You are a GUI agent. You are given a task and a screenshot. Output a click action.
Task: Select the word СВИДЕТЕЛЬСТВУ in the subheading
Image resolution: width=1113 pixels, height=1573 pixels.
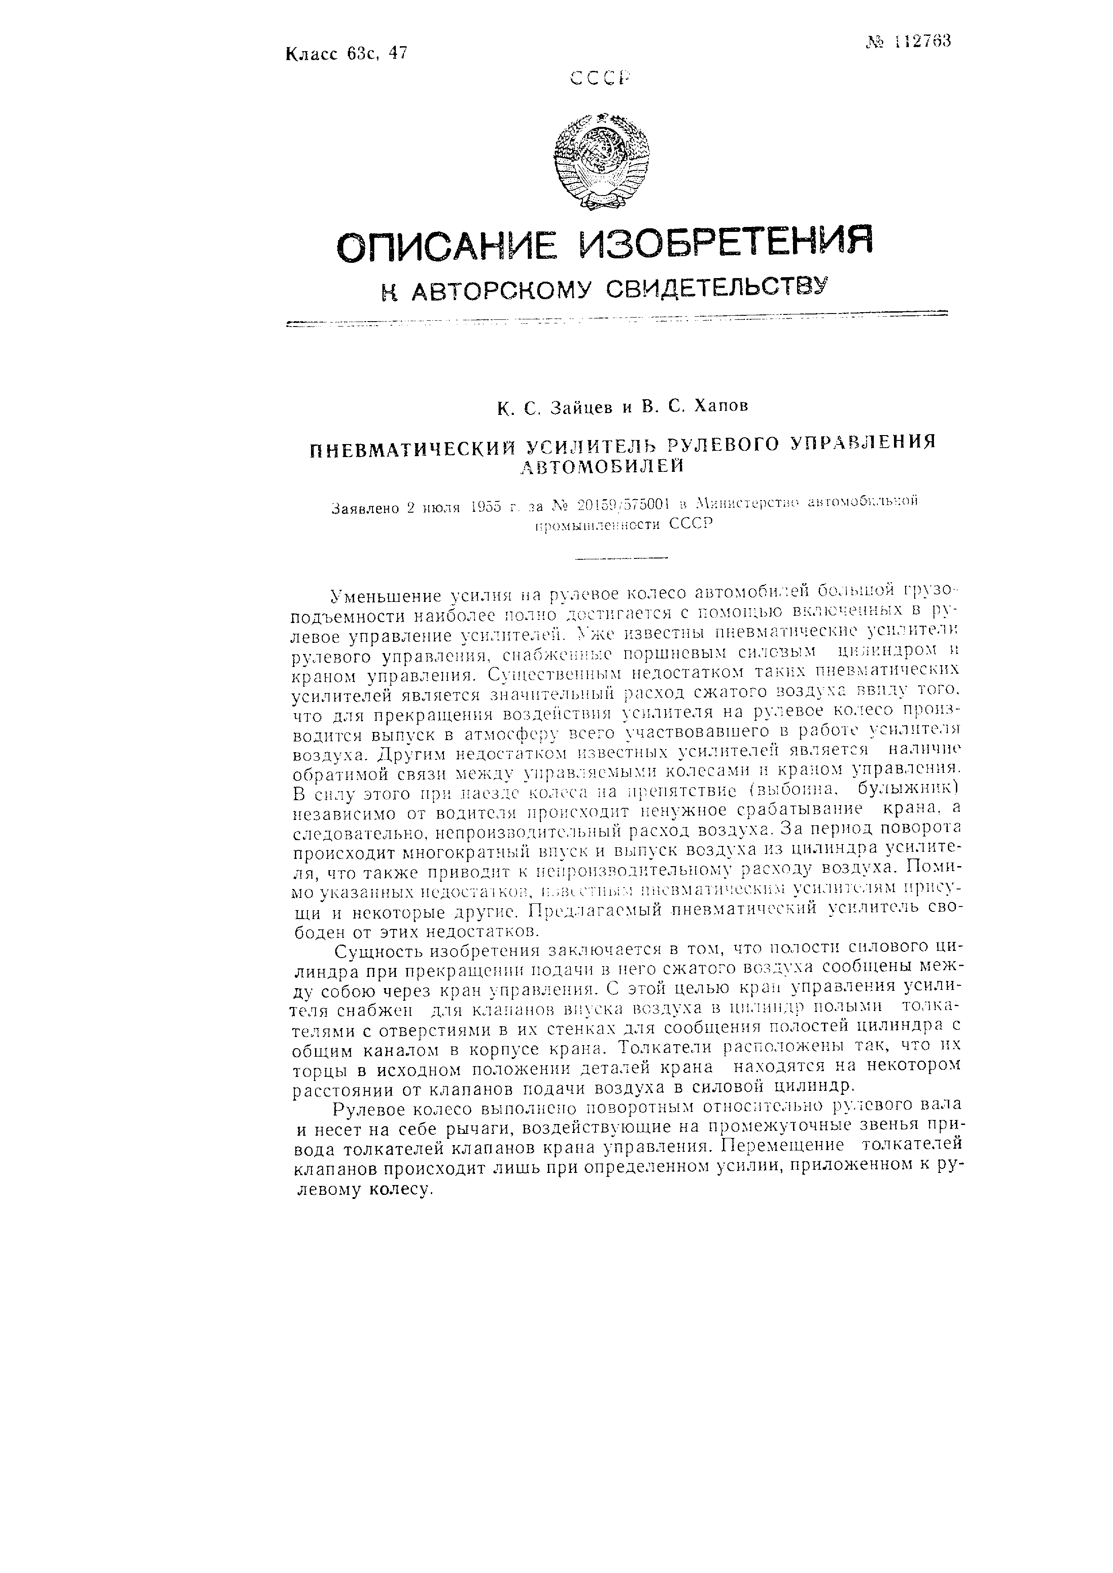coord(718,288)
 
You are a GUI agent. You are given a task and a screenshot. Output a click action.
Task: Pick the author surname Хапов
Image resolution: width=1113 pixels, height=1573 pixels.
coord(719,406)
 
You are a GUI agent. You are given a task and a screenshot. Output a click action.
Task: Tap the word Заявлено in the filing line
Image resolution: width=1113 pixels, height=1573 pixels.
coord(365,509)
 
